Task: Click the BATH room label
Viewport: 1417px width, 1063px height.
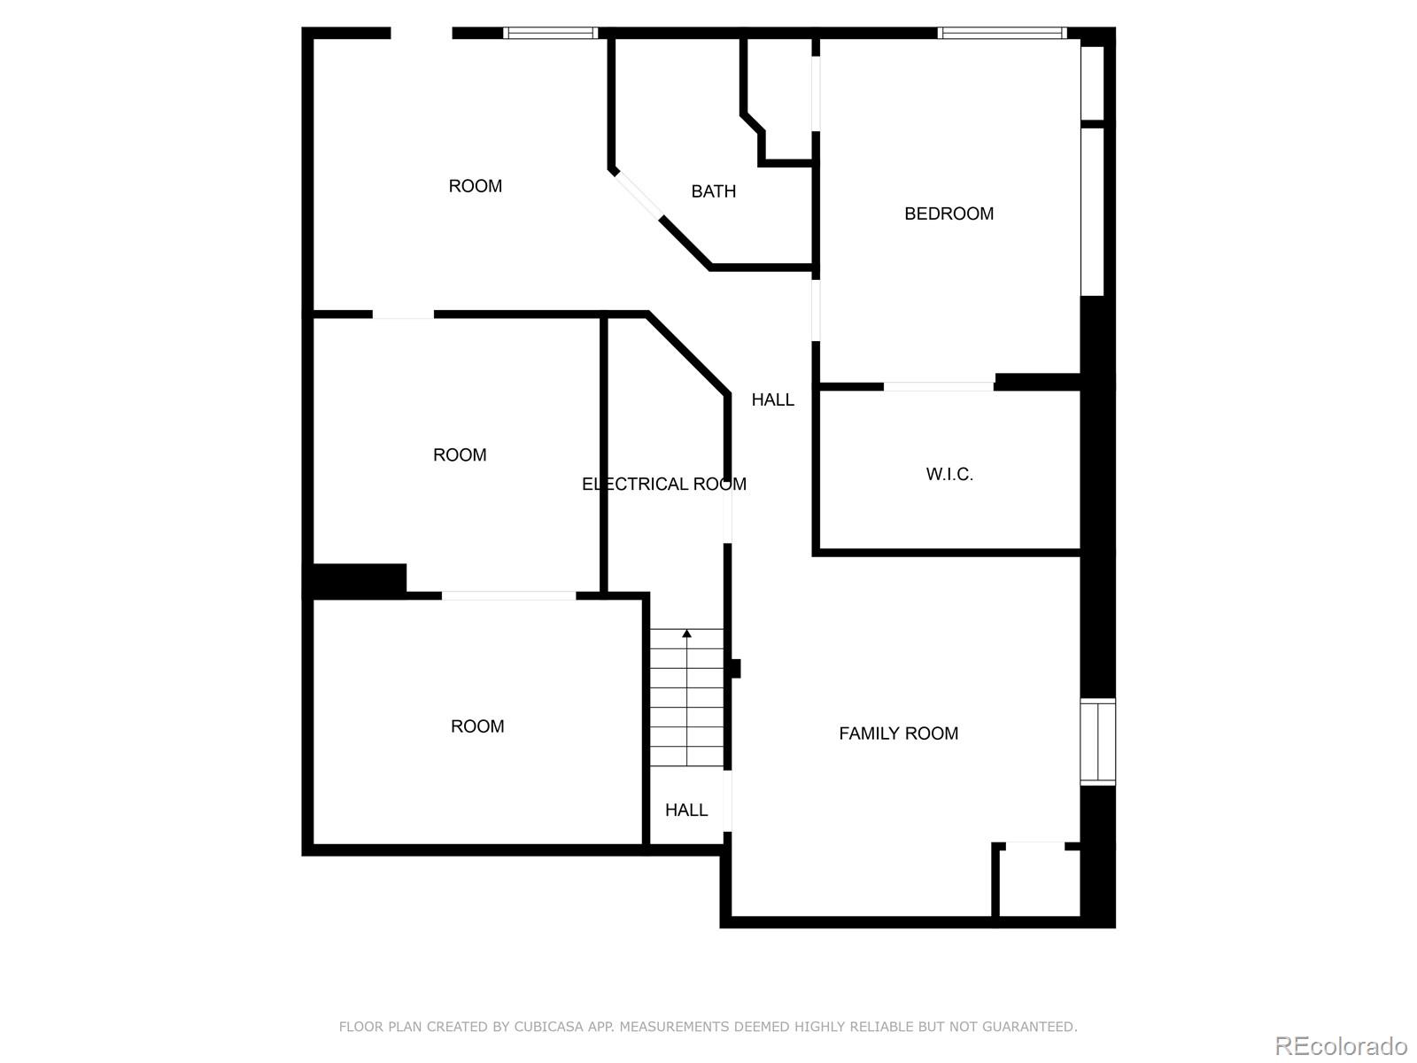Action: [713, 191]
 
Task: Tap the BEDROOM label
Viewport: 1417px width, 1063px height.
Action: [949, 213]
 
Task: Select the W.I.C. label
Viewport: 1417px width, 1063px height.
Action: [949, 474]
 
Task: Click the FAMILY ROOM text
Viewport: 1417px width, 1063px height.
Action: [898, 733]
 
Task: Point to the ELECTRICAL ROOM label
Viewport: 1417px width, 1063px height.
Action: [663, 484]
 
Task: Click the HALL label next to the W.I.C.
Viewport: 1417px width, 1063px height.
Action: [772, 400]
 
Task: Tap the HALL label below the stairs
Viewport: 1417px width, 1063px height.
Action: [686, 810]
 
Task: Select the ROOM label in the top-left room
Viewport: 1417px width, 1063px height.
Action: [475, 186]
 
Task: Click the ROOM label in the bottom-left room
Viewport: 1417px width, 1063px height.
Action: [477, 726]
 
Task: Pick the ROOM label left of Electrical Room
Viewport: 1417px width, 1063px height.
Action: [460, 454]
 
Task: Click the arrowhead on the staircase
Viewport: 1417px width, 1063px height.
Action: [686, 633]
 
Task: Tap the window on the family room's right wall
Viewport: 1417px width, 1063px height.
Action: [1097, 741]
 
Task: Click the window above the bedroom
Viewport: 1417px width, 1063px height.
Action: [1002, 34]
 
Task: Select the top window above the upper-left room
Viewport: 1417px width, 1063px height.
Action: [551, 34]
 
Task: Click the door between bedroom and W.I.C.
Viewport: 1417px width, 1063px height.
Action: [939, 386]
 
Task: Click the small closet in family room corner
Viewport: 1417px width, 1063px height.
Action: [1036, 881]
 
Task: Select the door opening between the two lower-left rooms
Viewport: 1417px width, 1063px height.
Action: [508, 595]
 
